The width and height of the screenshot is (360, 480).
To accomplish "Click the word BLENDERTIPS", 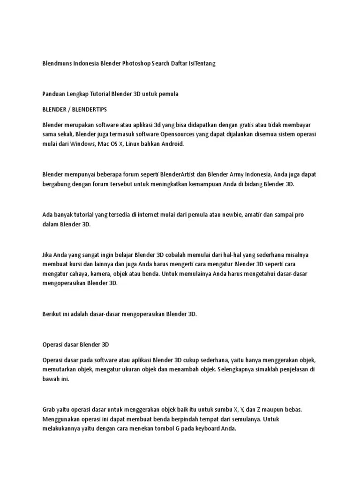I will (x=90, y=109).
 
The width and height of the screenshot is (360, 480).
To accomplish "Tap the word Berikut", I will (x=52, y=314).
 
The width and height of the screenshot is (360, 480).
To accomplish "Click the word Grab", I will (x=49, y=410).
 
